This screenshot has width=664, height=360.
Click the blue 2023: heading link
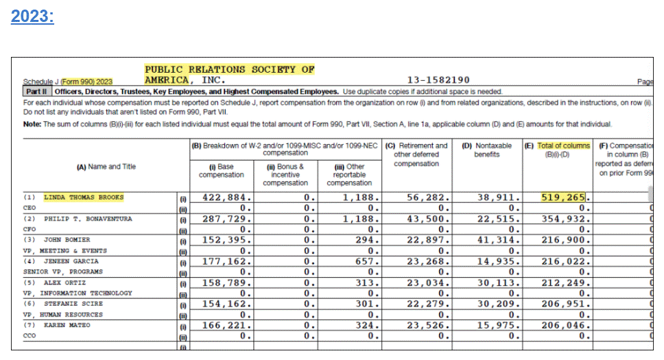pos(32,16)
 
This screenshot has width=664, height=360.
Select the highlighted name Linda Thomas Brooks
pos(84,197)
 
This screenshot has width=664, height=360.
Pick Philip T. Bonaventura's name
pos(88,219)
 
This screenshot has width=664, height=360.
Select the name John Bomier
pos(67,240)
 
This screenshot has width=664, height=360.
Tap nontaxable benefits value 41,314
pos(494,240)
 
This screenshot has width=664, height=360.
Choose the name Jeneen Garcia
pos(71,261)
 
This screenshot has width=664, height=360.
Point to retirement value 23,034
pos(427,283)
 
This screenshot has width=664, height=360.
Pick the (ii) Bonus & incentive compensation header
pos(285,174)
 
